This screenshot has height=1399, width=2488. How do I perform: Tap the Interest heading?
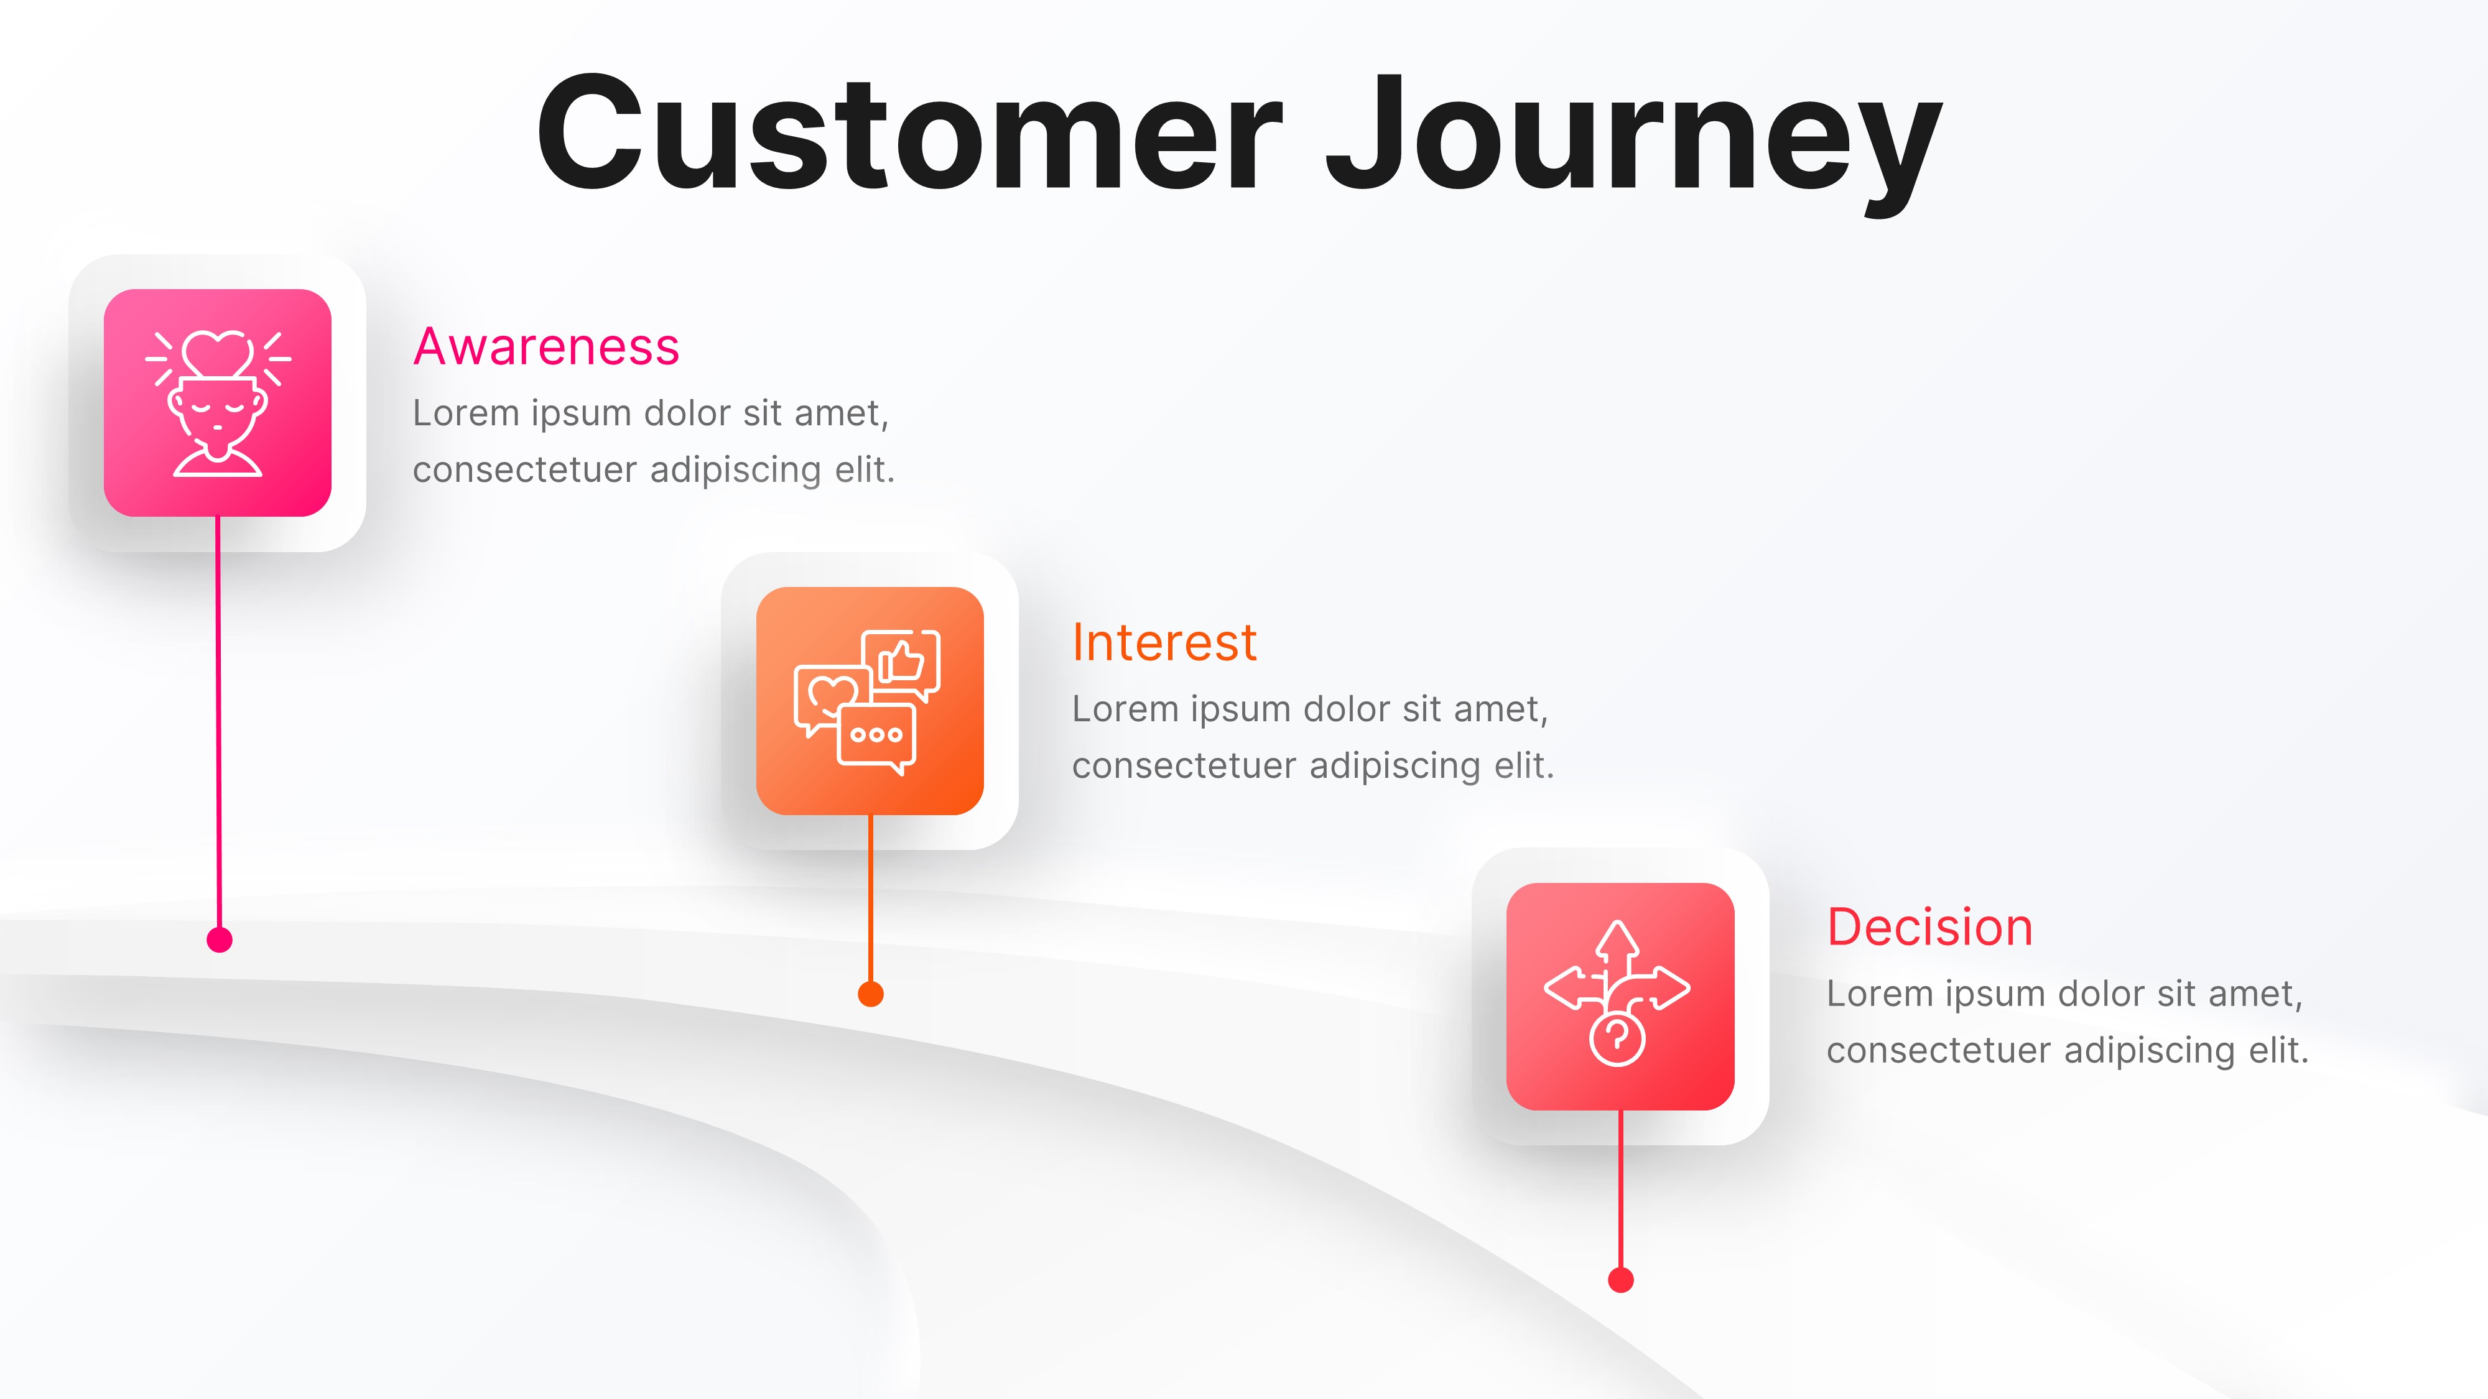(x=1164, y=643)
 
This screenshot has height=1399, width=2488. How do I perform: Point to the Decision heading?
(x=1929, y=928)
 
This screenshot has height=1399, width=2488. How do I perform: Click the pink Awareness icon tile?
(x=217, y=403)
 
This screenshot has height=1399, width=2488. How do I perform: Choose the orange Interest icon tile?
(x=870, y=701)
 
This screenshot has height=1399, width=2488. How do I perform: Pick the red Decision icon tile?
(x=1620, y=996)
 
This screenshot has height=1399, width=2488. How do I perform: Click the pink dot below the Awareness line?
(x=219, y=940)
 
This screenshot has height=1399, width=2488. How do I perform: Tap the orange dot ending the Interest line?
(x=870, y=994)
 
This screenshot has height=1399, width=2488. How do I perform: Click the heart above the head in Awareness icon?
(x=218, y=353)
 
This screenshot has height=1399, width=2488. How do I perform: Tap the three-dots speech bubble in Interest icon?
(x=876, y=736)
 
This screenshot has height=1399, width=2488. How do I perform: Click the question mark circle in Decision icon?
(x=1617, y=1039)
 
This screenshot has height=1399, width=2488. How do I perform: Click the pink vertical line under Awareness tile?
(x=218, y=724)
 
